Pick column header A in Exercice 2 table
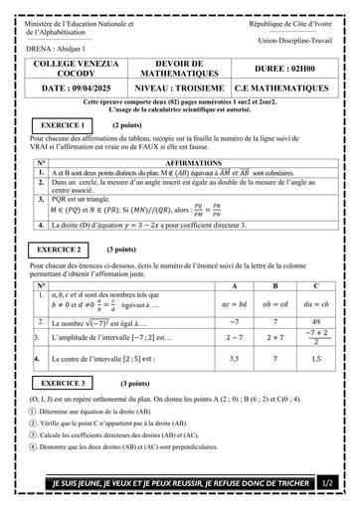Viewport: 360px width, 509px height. click(237, 286)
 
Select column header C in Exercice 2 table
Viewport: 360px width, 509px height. click(314, 286)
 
